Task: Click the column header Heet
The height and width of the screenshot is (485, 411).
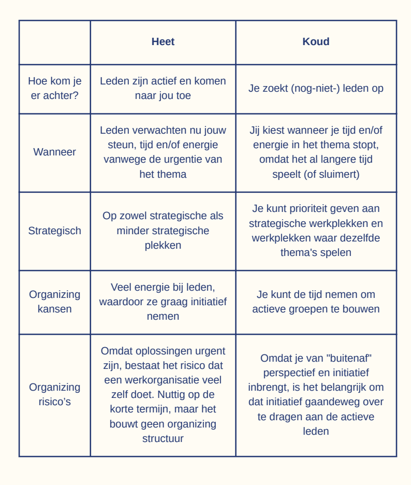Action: (x=163, y=42)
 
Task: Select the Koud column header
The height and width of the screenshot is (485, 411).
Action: (x=316, y=42)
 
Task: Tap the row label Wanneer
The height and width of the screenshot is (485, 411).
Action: (x=54, y=152)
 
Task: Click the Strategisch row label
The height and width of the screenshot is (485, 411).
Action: (x=54, y=231)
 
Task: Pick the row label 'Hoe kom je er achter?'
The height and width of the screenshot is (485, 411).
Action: (x=54, y=88)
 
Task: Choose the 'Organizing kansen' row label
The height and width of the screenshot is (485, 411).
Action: (x=54, y=302)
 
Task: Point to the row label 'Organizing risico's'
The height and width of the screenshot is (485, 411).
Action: (x=54, y=394)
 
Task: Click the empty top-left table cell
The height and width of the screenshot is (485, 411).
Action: (x=54, y=42)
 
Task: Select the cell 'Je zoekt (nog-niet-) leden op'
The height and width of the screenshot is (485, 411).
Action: (x=316, y=88)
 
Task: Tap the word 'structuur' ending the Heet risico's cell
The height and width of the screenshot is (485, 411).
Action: (x=163, y=438)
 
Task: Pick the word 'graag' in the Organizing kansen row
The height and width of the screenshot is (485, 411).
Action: (x=179, y=302)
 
